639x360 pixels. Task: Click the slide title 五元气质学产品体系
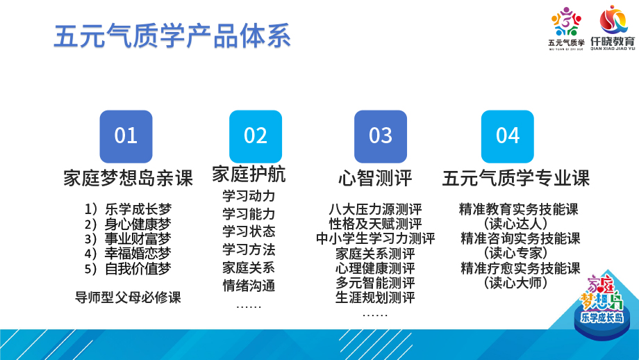(x=172, y=36)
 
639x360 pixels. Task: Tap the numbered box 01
(x=126, y=137)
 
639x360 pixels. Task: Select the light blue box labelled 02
(x=256, y=137)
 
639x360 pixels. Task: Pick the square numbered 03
(x=381, y=137)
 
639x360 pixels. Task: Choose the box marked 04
(x=507, y=137)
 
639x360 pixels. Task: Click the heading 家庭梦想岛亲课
(x=128, y=178)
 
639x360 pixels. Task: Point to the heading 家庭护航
(x=249, y=174)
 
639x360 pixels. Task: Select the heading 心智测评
(x=375, y=178)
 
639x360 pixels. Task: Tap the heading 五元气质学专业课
(x=516, y=178)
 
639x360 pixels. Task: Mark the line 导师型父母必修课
(x=128, y=297)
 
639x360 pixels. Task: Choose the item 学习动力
(x=249, y=196)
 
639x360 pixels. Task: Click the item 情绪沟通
(x=249, y=286)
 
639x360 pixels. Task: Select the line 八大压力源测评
(x=375, y=209)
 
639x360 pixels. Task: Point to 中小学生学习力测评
(x=375, y=238)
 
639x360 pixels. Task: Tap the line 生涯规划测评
(x=375, y=297)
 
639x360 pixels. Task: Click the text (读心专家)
(x=516, y=253)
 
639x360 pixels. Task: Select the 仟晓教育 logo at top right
(x=613, y=28)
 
